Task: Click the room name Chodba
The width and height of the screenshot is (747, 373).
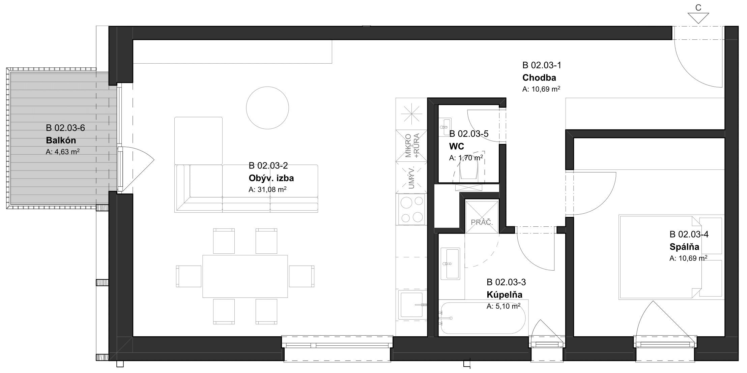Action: coord(539,77)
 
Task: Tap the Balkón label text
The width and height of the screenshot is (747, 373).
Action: coord(61,140)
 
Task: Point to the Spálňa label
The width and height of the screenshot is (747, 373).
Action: coord(684,247)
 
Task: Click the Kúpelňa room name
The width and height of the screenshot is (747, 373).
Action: coord(504,294)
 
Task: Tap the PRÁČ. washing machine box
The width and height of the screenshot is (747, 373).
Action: coord(482,217)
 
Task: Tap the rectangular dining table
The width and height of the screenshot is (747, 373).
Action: coord(245,276)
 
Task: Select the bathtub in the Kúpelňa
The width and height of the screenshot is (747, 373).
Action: coord(483,318)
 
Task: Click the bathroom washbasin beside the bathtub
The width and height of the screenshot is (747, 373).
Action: coord(450,263)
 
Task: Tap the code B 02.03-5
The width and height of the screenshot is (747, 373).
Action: coord(469,134)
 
